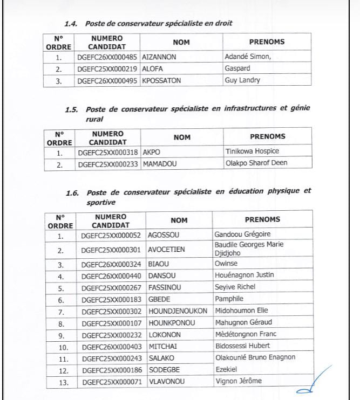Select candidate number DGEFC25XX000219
pyautogui.click(x=107, y=68)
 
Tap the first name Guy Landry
pyautogui.click(x=242, y=80)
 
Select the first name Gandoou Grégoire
pyautogui.click(x=242, y=235)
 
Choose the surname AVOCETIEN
pyautogui.click(x=167, y=250)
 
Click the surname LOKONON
pyautogui.click(x=165, y=334)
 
